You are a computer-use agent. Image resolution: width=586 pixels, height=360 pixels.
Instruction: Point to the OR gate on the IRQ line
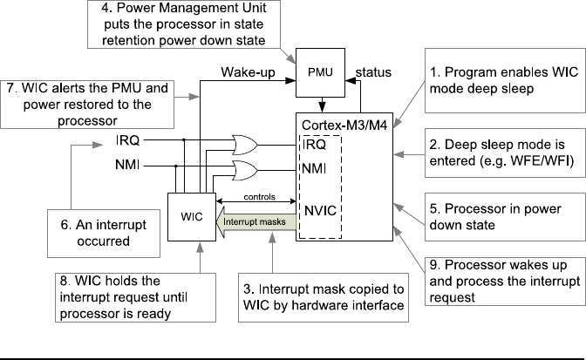tap(248, 142)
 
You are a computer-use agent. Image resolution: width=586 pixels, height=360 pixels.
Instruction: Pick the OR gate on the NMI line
tap(248, 167)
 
